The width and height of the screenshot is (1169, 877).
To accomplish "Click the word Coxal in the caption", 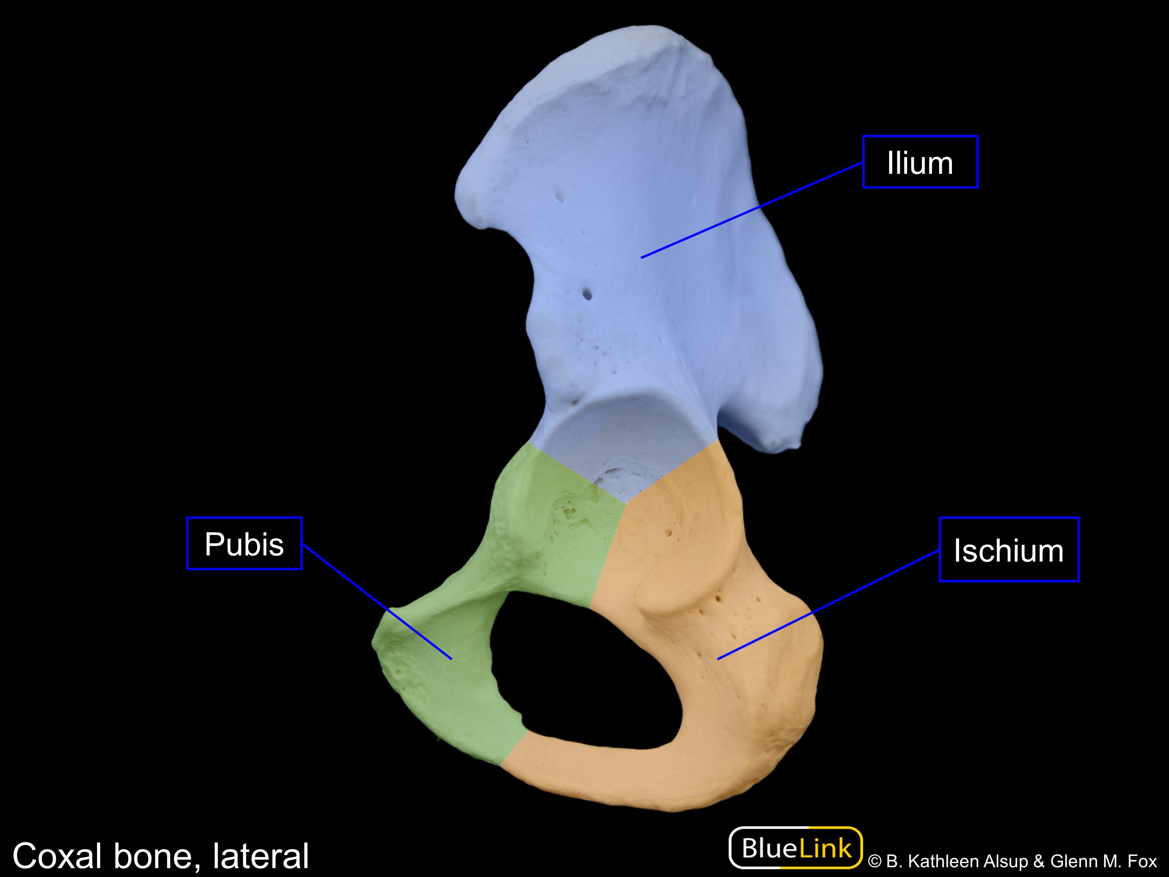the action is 57,856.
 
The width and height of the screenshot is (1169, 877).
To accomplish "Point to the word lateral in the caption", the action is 261,856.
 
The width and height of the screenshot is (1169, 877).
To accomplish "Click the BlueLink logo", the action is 796,848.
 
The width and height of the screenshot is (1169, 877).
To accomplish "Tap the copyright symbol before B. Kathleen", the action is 875,862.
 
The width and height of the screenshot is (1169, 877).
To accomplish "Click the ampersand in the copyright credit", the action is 1038,862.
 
